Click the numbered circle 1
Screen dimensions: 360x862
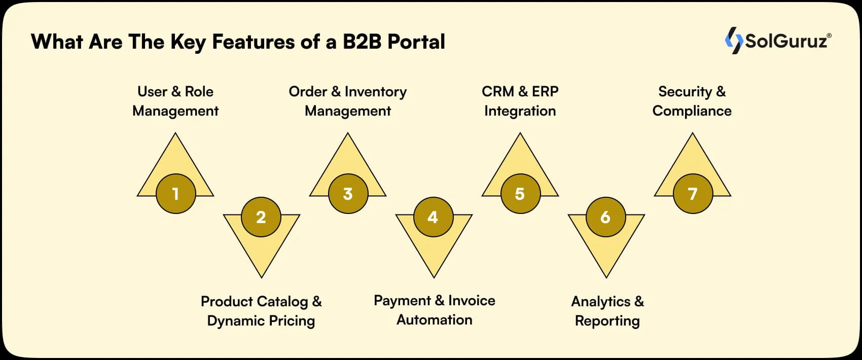(175, 194)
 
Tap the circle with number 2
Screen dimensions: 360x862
(261, 217)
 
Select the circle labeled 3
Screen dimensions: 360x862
(348, 194)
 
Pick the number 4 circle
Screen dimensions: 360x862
(433, 217)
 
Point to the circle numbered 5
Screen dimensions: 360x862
(520, 194)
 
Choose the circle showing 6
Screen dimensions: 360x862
(605, 217)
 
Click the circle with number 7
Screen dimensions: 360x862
(692, 194)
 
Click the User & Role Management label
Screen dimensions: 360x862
(175, 101)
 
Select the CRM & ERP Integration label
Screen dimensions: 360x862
(520, 101)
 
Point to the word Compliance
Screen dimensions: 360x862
(692, 111)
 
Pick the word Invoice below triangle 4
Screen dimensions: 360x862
(472, 301)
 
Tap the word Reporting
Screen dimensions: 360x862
(607, 321)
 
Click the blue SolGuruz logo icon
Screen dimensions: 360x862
(733, 40)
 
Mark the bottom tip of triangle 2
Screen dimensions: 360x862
(262, 277)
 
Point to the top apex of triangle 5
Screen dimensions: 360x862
(520, 134)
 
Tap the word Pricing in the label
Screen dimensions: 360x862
(292, 321)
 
